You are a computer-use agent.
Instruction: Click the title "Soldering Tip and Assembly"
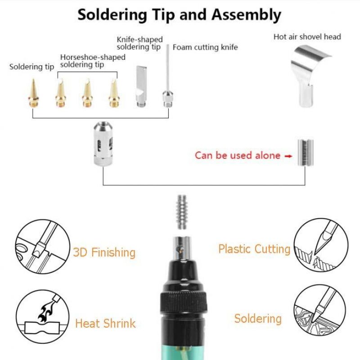click(x=179, y=14)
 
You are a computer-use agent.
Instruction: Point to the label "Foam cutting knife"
click(x=205, y=47)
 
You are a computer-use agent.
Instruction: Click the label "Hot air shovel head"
click(x=307, y=37)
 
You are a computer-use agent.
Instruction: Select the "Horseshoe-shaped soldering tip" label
click(x=93, y=61)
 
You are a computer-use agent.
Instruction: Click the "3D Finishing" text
click(x=104, y=252)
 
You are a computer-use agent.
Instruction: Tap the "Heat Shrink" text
click(x=105, y=323)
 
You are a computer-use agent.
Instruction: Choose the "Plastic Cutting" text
click(x=254, y=249)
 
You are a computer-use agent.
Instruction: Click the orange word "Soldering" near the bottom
click(x=257, y=319)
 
